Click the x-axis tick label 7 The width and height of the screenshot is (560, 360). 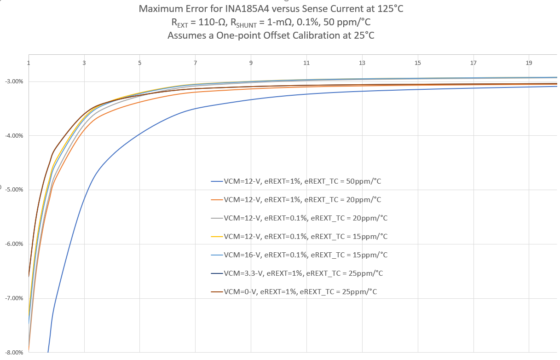(196, 63)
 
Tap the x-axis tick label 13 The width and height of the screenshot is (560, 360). (362, 63)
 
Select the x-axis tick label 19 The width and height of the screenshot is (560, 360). (529, 63)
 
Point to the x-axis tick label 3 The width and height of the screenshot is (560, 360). (84, 63)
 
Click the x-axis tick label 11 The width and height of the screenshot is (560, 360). (306, 63)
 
